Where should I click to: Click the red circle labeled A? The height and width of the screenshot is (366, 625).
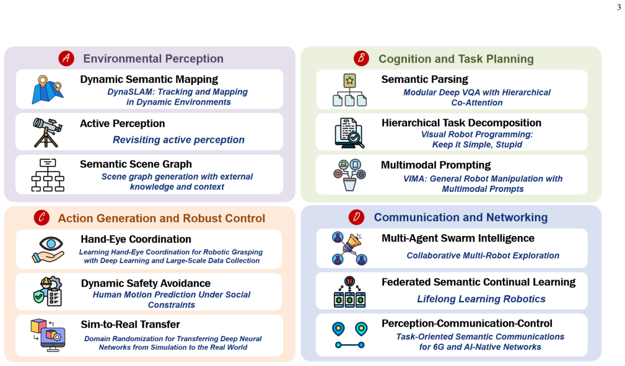coord(66,59)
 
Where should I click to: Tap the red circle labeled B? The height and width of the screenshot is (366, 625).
coord(362,58)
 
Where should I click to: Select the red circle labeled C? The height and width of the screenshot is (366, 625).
coord(42,218)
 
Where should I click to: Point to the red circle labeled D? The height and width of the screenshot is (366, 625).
coord(356,217)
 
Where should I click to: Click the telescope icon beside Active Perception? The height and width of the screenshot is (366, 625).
coord(48,133)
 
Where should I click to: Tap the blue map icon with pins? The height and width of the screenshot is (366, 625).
coord(48,90)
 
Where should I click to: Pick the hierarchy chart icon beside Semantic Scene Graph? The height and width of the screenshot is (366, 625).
coord(48,175)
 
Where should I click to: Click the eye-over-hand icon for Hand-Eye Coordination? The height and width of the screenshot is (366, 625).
coord(48,250)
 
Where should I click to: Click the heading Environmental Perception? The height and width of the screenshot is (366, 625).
coord(153,59)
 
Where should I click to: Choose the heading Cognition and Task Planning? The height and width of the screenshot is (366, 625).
coord(456,59)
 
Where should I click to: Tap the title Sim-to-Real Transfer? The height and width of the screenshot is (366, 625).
coord(130,325)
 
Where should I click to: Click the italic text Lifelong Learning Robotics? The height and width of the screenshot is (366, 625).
coord(481,299)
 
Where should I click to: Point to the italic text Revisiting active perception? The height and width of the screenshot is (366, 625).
coord(178,140)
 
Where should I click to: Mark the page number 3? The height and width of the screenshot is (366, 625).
coord(619,7)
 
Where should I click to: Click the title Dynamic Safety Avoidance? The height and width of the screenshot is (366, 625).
coord(146,284)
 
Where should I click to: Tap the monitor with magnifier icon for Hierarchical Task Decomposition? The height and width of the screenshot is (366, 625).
coord(349,133)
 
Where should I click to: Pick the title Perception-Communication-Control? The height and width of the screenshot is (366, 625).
coord(467,323)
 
